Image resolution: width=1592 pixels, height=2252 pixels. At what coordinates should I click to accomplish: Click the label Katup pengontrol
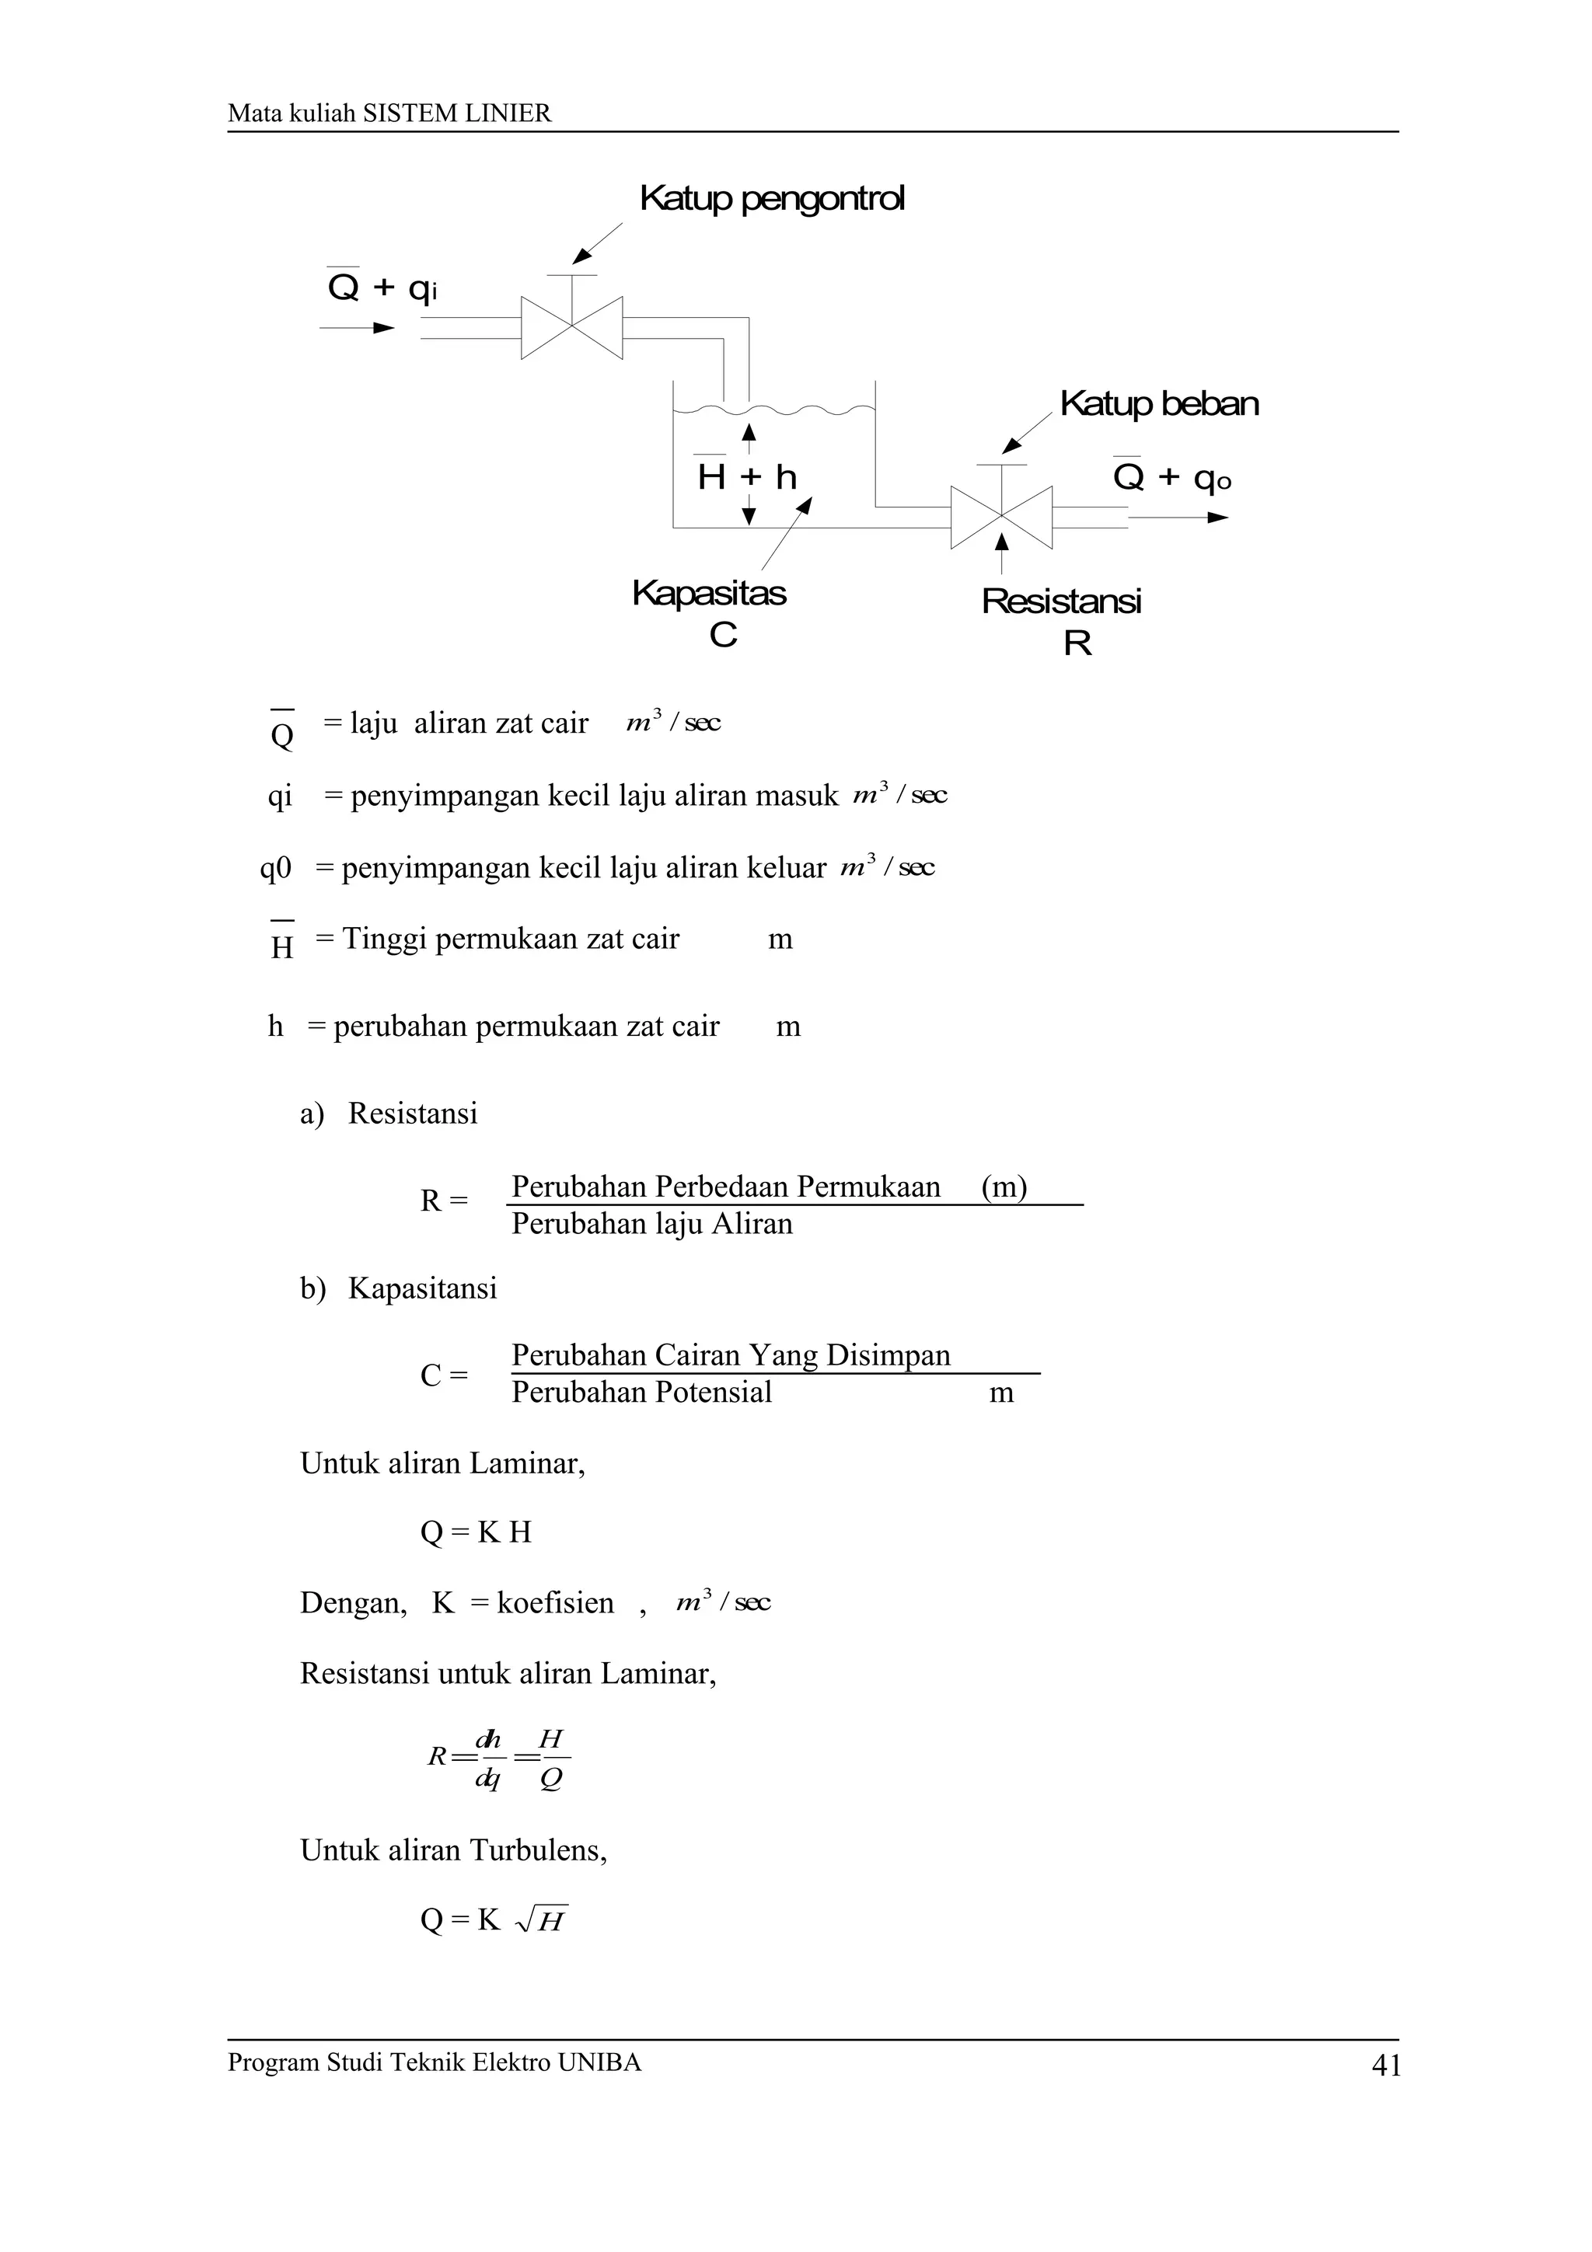coord(771,198)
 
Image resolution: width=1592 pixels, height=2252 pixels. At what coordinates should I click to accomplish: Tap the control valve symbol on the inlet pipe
coord(572,328)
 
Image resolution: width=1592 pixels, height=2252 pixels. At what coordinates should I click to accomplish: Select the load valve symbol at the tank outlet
coord(1000,516)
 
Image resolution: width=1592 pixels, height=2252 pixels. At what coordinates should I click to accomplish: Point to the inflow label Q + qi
coord(382,288)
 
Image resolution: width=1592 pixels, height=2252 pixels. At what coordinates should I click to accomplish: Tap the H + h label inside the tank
coord(746,478)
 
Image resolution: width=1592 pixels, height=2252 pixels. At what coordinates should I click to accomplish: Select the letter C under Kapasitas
coord(723,636)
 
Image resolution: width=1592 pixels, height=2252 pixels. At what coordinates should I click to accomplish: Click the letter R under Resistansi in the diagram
coord(1077,643)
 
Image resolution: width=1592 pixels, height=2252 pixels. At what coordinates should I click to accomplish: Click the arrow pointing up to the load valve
coord(1001,553)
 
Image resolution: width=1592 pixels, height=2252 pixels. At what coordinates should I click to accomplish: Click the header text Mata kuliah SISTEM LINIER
coord(389,113)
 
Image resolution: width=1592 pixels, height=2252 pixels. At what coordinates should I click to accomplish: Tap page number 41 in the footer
coord(1385,2065)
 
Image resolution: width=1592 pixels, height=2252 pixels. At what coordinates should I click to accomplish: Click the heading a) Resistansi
coord(389,1114)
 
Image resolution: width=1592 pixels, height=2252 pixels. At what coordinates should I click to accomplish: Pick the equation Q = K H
coord(475,1532)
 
